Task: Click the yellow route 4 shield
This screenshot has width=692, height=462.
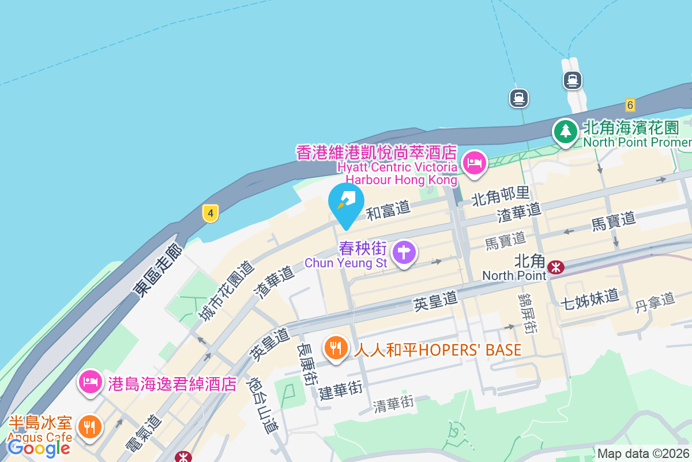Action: [211, 213]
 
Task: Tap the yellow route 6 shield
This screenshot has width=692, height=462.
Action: [630, 105]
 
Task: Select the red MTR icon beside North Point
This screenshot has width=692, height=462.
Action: [556, 267]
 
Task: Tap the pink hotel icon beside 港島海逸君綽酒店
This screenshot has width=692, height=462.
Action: [91, 381]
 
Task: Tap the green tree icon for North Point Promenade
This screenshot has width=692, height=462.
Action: [566, 131]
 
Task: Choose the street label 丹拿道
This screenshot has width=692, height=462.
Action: [655, 300]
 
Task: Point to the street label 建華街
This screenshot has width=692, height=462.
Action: [341, 391]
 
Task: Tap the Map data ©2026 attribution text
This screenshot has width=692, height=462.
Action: [643, 454]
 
